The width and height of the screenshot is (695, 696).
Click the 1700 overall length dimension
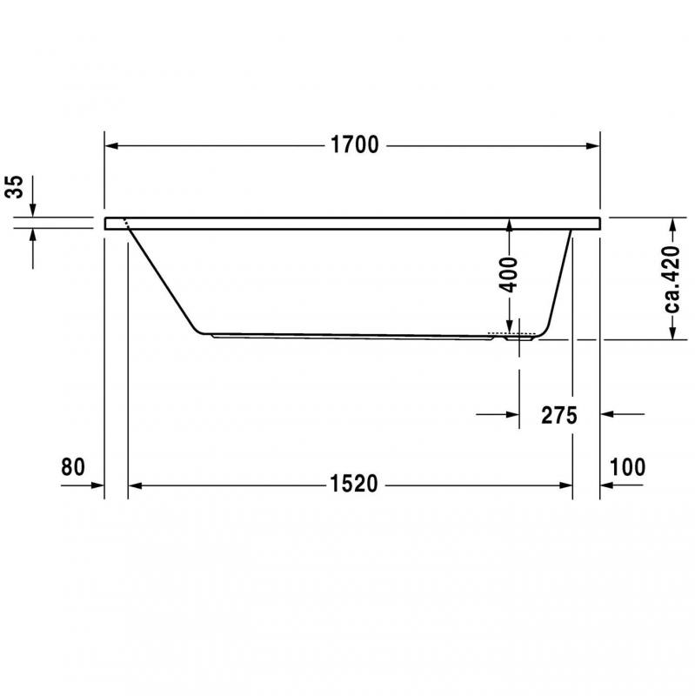pos(354,145)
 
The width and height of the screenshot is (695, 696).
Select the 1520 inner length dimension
pos(354,485)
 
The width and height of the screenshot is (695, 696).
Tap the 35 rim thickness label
pos(13,187)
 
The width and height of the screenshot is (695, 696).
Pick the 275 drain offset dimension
pos(559,416)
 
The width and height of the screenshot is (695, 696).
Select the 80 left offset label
pos(73,467)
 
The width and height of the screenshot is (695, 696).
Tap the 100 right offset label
pos(627,467)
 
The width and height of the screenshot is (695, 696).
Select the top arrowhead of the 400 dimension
pos(510,224)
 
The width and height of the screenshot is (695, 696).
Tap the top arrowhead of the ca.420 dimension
pos(672,224)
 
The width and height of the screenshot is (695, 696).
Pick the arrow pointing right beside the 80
pos(96,485)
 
